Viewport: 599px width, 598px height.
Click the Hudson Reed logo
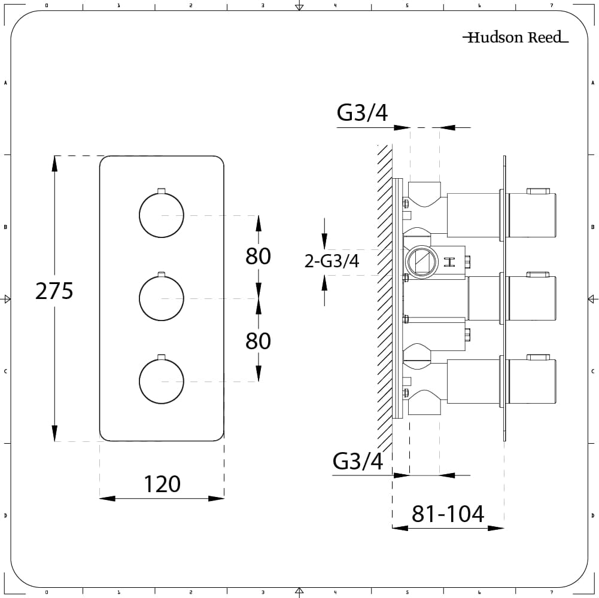[x=515, y=38]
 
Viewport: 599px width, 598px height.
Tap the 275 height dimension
[x=54, y=291]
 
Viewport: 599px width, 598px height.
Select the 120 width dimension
[x=162, y=484]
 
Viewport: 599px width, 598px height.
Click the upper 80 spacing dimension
[x=258, y=256]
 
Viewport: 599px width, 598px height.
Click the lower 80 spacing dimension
[x=258, y=341]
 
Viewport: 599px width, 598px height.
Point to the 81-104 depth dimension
[x=448, y=514]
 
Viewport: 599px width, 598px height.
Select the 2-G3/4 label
[x=332, y=261]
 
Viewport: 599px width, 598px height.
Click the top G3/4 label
[x=363, y=113]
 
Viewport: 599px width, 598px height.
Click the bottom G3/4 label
[x=358, y=461]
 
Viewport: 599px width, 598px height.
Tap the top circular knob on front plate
[x=161, y=215]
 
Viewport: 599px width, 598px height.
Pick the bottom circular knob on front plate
[x=161, y=382]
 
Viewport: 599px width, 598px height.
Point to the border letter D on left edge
[x=5, y=515]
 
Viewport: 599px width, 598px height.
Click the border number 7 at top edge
[x=551, y=5]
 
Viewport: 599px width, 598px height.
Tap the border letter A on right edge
[x=592, y=83]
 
